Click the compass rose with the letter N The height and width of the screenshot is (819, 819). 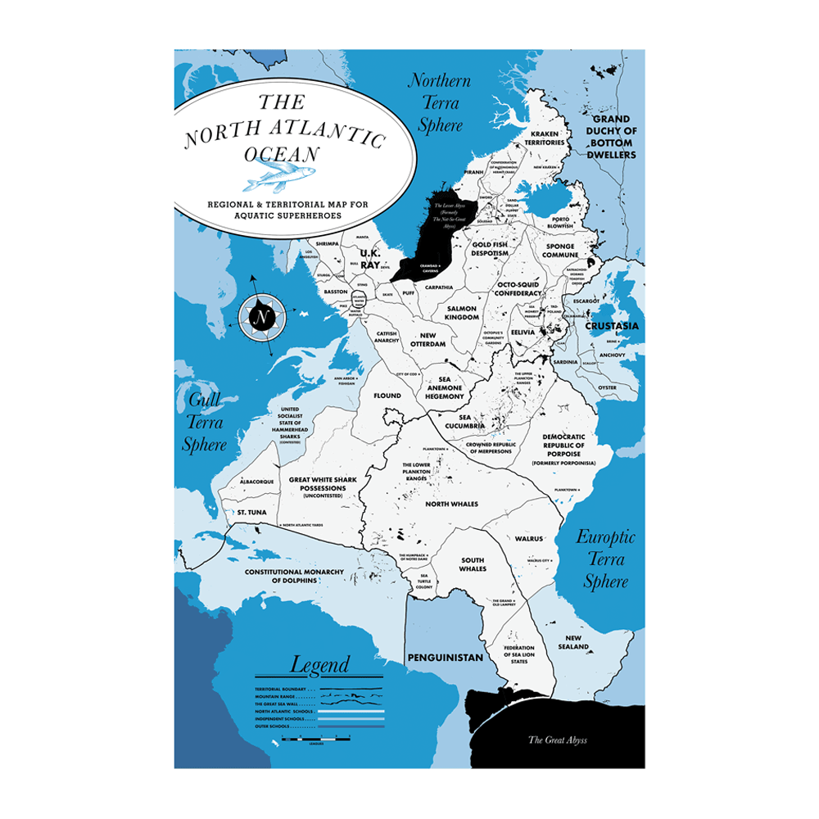tap(261, 315)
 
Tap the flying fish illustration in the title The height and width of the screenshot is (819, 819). tap(274, 174)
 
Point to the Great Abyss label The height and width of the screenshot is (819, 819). tap(557, 740)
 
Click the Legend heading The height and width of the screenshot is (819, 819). tap(319, 664)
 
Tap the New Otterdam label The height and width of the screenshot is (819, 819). tap(433, 339)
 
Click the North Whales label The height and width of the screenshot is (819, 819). tap(451, 504)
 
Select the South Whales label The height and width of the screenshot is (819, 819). tap(473, 564)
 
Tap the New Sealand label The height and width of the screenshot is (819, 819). tap(577, 642)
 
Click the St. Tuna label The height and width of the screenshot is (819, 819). tap(251, 512)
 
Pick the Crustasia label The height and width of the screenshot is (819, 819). tap(612, 326)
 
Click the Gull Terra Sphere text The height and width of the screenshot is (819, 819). tap(204, 423)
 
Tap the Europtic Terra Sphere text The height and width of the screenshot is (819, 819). tap(605, 559)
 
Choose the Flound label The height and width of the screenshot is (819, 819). tap(387, 396)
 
